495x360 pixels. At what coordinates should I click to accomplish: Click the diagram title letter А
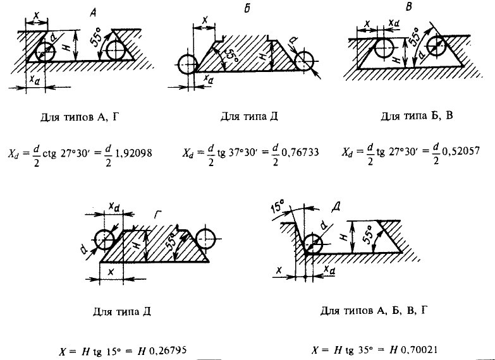coord(94,13)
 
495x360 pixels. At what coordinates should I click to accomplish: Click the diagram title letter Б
coord(247,9)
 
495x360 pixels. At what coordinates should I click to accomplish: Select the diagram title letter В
coord(409,7)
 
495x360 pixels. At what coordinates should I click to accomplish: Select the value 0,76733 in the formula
coord(300,153)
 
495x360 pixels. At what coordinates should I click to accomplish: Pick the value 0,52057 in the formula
coord(461,152)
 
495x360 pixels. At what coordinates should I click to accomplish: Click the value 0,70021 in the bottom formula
coord(419,350)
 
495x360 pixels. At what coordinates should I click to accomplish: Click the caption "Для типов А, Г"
coord(80,117)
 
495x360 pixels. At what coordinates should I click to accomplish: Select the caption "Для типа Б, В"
coord(417,116)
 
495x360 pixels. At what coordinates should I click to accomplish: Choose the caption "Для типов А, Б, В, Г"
coord(374,311)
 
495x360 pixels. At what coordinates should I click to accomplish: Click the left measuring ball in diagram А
coord(46,52)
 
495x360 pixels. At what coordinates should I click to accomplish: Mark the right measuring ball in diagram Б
coord(304,60)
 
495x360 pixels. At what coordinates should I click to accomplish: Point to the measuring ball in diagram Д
coord(312,244)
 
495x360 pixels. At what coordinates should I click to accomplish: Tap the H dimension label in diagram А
coord(66,47)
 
